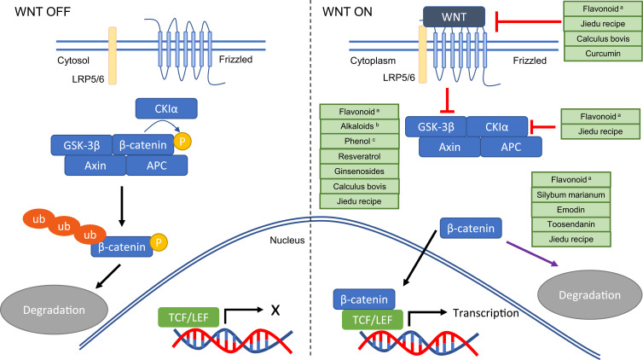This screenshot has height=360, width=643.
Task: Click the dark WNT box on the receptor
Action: pyautogui.click(x=454, y=17)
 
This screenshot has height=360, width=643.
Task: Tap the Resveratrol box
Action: pyautogui.click(x=351, y=157)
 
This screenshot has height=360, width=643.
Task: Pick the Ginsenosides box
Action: pyautogui.click(x=351, y=171)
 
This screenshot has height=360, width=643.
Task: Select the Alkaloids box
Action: pyautogui.click(x=351, y=126)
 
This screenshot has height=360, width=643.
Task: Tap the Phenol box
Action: pyautogui.click(x=351, y=142)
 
